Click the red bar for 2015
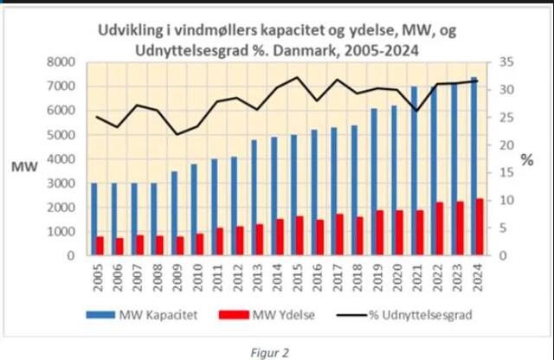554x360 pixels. tap(300, 235)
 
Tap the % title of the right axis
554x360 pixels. tap(527, 160)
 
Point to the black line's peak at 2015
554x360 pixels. tap(298, 77)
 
